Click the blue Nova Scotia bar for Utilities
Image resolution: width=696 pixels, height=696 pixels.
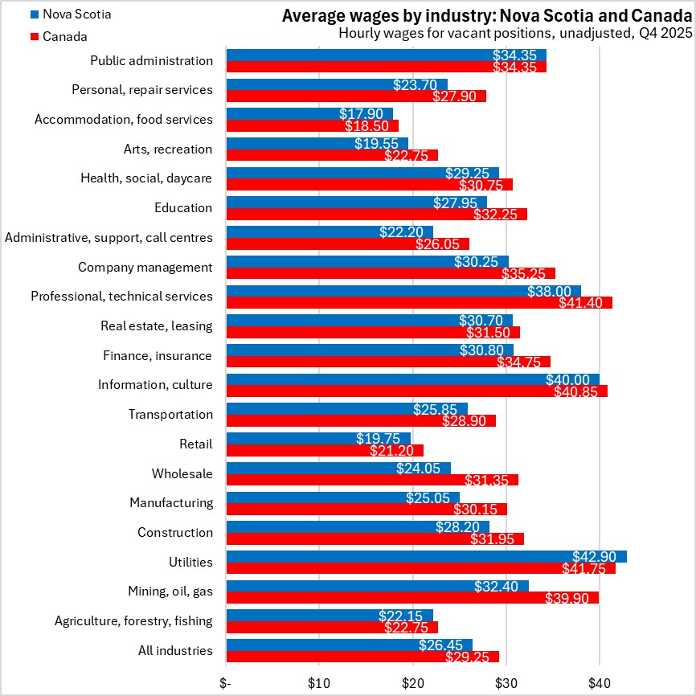tap(426, 557)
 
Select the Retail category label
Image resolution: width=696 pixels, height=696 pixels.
tap(196, 444)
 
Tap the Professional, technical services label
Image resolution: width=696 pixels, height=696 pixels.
tap(121, 296)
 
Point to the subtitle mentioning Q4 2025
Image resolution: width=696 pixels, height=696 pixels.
tap(514, 34)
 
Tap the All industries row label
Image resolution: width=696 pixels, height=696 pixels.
tap(175, 650)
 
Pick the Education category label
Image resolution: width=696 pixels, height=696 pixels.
tap(183, 207)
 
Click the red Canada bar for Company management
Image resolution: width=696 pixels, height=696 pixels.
tap(391, 273)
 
